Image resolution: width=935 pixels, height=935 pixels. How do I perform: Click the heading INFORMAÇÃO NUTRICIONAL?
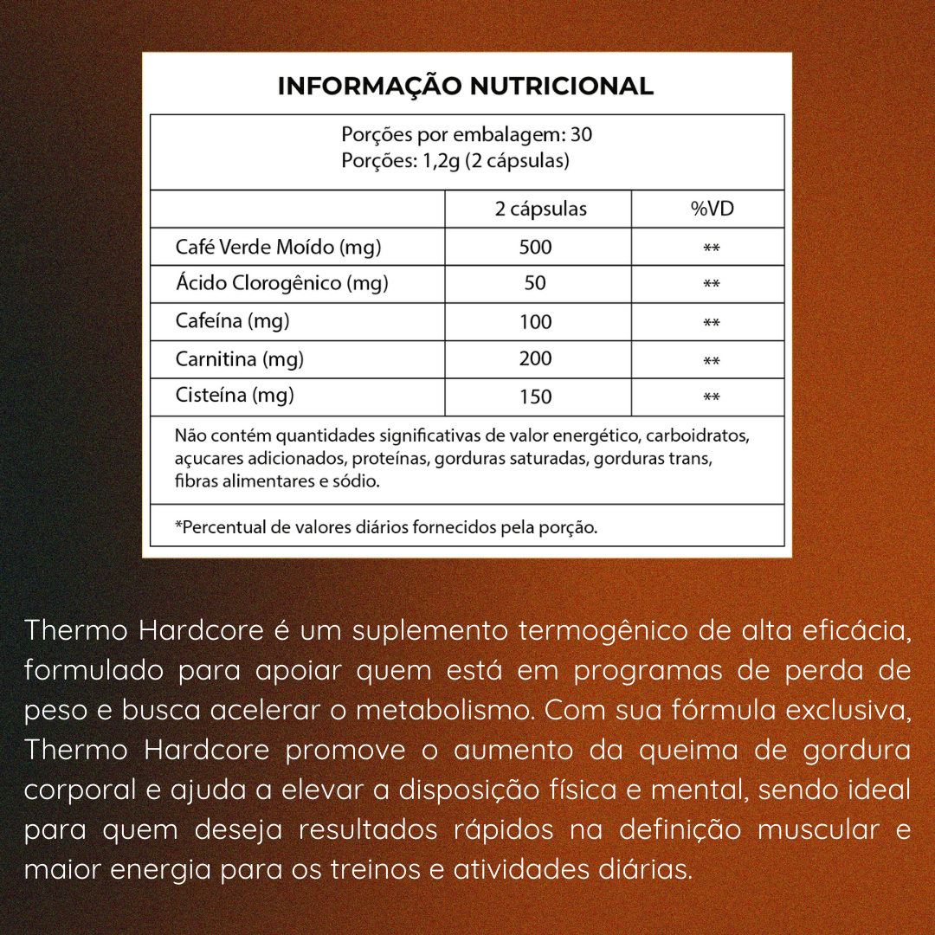(x=465, y=87)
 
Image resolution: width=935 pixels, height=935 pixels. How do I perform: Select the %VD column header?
(x=712, y=209)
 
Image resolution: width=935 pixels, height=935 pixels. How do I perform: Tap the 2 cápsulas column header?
(x=540, y=209)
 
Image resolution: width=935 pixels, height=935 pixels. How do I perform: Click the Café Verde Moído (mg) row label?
(x=278, y=247)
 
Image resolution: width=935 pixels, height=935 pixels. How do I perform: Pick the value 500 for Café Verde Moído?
(x=535, y=247)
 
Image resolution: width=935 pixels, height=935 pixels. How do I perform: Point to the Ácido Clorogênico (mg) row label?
(x=281, y=283)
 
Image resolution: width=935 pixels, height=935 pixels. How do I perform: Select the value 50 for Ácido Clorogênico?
(x=535, y=283)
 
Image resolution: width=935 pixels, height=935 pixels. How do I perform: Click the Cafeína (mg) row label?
(x=232, y=321)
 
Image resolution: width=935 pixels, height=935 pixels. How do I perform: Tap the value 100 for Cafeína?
(x=535, y=322)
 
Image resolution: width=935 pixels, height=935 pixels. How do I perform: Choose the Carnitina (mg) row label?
(x=240, y=358)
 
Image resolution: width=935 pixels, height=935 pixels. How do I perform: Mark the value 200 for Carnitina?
(x=535, y=358)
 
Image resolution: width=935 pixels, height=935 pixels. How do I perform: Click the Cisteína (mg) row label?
(x=235, y=396)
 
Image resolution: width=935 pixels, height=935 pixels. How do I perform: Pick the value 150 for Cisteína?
(x=535, y=397)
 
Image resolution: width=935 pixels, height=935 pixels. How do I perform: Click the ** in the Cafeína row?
(x=712, y=324)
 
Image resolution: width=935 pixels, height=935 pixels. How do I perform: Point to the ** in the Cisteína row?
(x=712, y=398)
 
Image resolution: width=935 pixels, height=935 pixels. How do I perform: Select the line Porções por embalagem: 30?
(x=467, y=135)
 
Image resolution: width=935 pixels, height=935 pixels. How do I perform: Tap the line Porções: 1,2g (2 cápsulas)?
(x=455, y=161)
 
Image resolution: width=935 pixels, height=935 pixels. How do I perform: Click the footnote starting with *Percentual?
(x=385, y=527)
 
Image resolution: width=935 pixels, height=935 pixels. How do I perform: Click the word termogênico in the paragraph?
(x=601, y=630)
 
